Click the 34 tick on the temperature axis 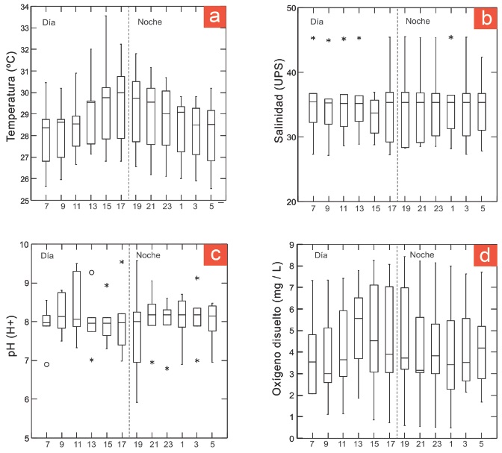click(x=25, y=7)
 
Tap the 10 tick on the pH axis click(x=25, y=244)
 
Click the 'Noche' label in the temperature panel click(x=150, y=22)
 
